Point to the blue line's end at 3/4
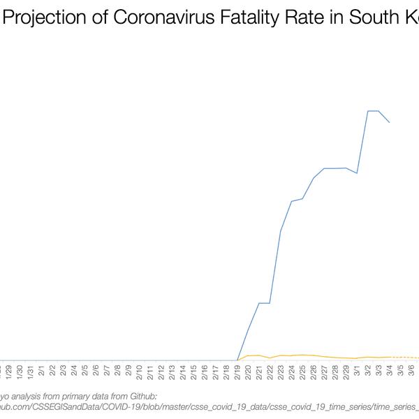coord(390,122)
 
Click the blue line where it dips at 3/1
coord(358,172)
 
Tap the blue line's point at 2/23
coord(281,230)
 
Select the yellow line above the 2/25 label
coord(302,355)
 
